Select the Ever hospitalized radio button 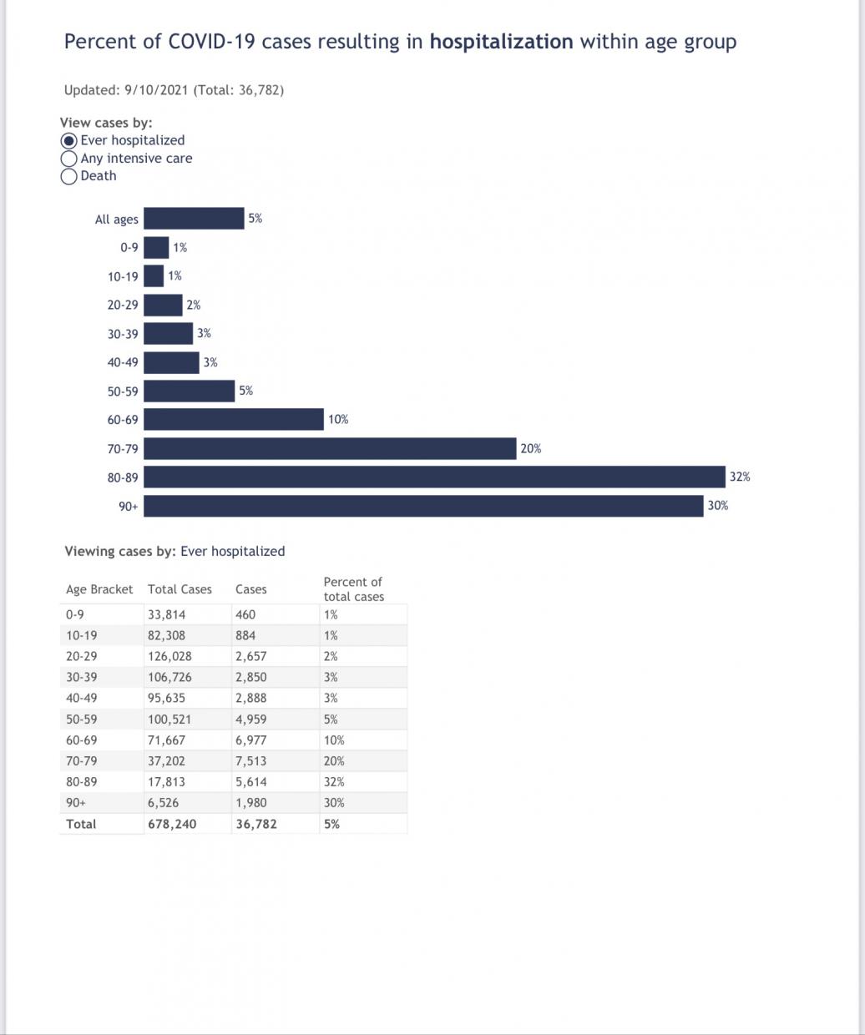pos(69,141)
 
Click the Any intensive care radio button pos(69,159)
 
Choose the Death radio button pos(69,176)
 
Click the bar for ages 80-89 pos(434,477)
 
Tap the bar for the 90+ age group pos(423,506)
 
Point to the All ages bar pos(194,219)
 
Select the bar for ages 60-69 pos(234,420)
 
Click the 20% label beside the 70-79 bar pos(530,449)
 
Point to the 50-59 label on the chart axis pos(123,391)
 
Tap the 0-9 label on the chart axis pos(129,247)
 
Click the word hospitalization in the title pos(501,42)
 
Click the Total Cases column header pos(180,589)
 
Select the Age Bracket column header pos(99,589)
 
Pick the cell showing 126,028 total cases pos(169,657)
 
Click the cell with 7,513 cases pos(251,761)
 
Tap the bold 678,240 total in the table pos(172,824)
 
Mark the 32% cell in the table pos(334,782)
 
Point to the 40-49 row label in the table pos(81,699)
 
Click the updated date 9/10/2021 pos(156,90)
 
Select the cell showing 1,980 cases pos(251,803)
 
